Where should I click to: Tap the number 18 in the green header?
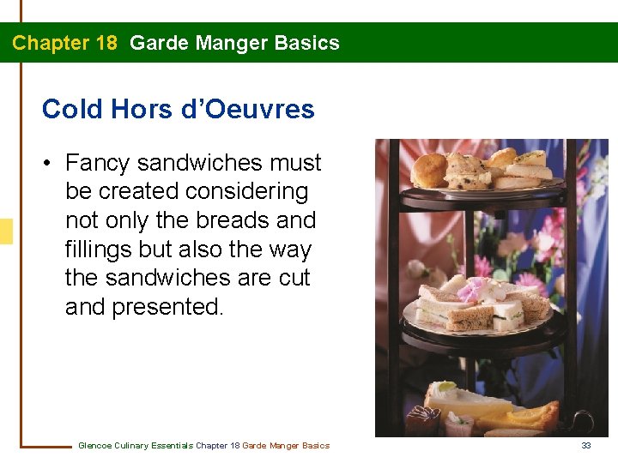click(105, 43)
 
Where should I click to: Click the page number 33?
click(586, 445)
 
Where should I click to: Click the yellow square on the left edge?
click(6, 231)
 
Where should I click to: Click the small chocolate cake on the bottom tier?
click(421, 420)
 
